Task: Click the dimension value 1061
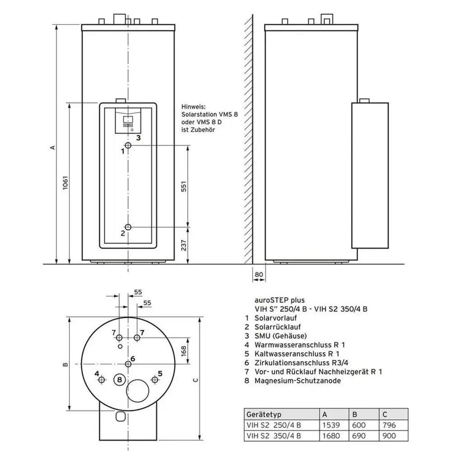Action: (x=65, y=183)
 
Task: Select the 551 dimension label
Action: (x=184, y=187)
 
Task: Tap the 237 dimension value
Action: (x=184, y=245)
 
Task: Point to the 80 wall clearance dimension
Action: (x=259, y=275)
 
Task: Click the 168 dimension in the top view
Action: (x=184, y=351)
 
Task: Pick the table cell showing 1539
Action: (x=331, y=425)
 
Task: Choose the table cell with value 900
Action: (x=389, y=436)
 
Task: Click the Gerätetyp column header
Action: (x=264, y=414)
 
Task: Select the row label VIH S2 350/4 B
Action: (x=274, y=436)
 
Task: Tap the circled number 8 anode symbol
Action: (x=119, y=380)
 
